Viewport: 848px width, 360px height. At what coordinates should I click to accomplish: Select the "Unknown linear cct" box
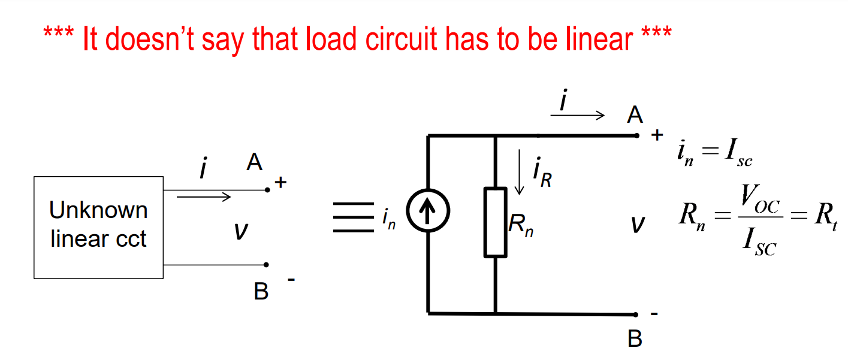click(98, 227)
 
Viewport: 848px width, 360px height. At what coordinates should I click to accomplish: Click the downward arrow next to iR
click(520, 173)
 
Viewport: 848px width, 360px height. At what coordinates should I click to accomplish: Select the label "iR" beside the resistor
click(542, 173)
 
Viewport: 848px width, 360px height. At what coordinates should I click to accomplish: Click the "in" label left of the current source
click(389, 219)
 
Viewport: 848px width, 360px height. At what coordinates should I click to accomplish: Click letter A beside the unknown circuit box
click(255, 162)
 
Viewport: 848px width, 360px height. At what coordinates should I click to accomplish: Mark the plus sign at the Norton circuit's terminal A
click(657, 136)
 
